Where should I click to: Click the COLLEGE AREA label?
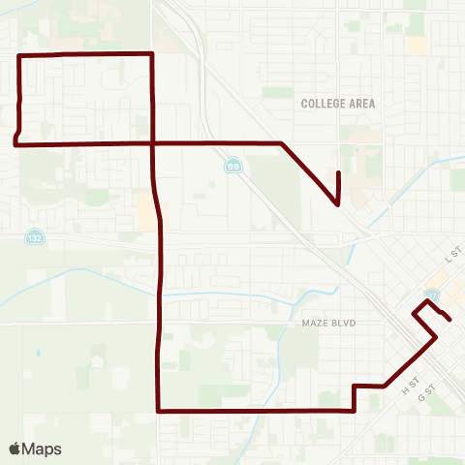click(337, 103)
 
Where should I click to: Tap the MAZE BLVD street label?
click(317, 324)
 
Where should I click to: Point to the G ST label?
click(423, 397)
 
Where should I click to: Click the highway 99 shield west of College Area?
click(233, 166)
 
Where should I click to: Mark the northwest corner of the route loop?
click(21, 56)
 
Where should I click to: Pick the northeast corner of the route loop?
click(152, 53)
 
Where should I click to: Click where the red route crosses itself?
click(153, 143)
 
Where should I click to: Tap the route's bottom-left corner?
click(159, 411)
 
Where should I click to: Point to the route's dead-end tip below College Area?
click(338, 172)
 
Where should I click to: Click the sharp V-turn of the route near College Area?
click(336, 204)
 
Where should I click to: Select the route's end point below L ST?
click(449, 319)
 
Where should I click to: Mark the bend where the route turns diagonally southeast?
click(281, 143)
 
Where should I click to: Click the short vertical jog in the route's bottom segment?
click(355, 398)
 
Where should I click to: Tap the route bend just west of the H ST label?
click(387, 386)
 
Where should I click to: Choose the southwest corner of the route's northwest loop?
click(15, 143)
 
